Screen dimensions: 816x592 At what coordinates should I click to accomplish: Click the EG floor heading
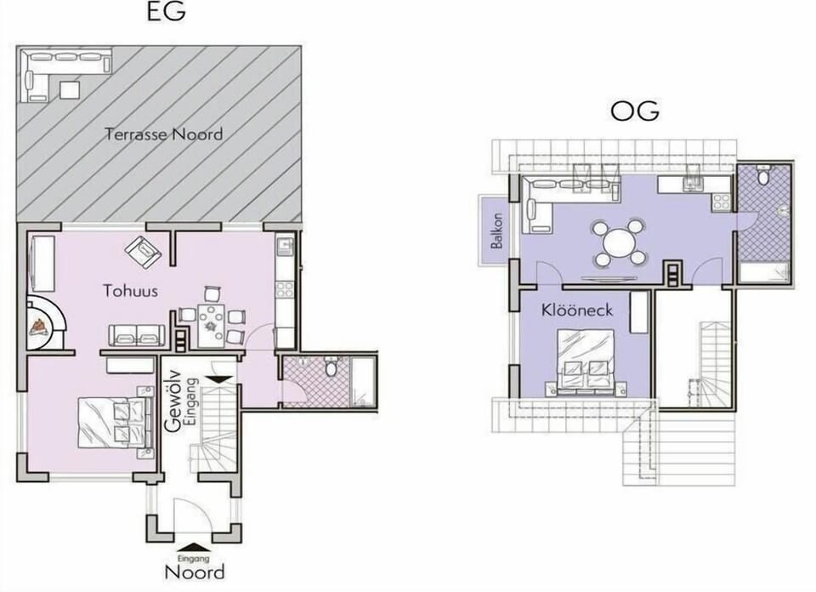pyautogui.click(x=166, y=12)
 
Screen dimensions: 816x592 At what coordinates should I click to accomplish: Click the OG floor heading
pyautogui.click(x=634, y=111)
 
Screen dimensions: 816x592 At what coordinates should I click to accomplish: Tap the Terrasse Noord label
pyautogui.click(x=164, y=134)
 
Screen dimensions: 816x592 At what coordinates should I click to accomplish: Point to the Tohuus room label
pyautogui.click(x=130, y=290)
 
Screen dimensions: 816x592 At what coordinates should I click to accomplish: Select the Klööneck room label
pyautogui.click(x=576, y=310)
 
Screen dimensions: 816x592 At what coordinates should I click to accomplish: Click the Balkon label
pyautogui.click(x=497, y=231)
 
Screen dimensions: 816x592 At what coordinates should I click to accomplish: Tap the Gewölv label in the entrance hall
pyautogui.click(x=173, y=401)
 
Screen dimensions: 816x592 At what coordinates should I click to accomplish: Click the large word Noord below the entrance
pyautogui.click(x=195, y=572)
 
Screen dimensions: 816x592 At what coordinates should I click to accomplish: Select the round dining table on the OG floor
pyautogui.click(x=620, y=242)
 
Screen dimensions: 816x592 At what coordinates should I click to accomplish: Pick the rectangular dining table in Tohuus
pyautogui.click(x=211, y=326)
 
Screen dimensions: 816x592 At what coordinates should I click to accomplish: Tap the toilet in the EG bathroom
pyautogui.click(x=331, y=367)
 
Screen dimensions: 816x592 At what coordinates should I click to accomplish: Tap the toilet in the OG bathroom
pyautogui.click(x=763, y=175)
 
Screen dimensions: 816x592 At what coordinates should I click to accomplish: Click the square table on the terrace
pyautogui.click(x=70, y=90)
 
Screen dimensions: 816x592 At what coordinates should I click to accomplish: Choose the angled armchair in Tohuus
pyautogui.click(x=143, y=253)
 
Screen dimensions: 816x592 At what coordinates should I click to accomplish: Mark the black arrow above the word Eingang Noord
pyautogui.click(x=194, y=547)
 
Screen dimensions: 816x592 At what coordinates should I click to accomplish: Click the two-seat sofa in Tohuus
pyautogui.click(x=136, y=335)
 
